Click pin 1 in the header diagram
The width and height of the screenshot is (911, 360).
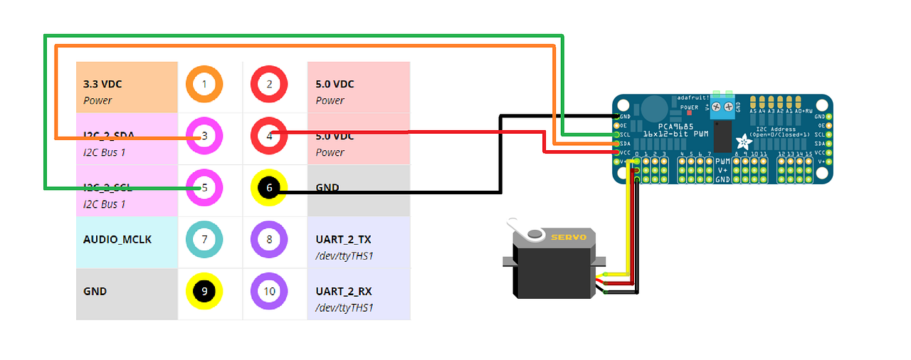pyautogui.click(x=204, y=85)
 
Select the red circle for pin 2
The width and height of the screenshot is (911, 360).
pyautogui.click(x=269, y=85)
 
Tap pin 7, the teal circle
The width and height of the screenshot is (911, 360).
pyautogui.click(x=204, y=240)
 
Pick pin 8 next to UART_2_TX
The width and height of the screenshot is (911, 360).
pyautogui.click(x=269, y=240)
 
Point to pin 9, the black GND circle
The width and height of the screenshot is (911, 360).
pyautogui.click(x=204, y=291)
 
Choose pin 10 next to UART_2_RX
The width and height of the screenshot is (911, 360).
pyautogui.click(x=269, y=291)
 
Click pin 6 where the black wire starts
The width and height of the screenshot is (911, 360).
pyautogui.click(x=269, y=188)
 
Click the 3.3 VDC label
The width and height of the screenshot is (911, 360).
pyautogui.click(x=102, y=84)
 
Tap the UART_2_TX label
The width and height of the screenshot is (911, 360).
pyautogui.click(x=344, y=240)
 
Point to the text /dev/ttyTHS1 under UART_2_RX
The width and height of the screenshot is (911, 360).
pyautogui.click(x=344, y=308)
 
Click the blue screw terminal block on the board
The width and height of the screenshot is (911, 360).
pyautogui.click(x=723, y=106)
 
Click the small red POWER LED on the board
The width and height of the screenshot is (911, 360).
pyautogui.click(x=689, y=112)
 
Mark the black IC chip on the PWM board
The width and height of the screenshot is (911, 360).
pyautogui.click(x=722, y=137)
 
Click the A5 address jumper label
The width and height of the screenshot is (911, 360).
pyautogui.click(x=753, y=111)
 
